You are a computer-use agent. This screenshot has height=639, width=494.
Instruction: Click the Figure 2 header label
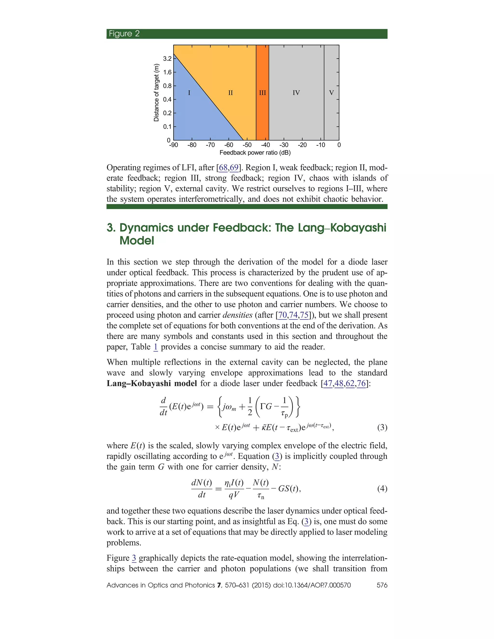click(124, 34)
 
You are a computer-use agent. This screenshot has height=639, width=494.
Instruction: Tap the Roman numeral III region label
click(262, 93)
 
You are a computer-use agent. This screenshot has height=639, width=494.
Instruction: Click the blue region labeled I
click(189, 93)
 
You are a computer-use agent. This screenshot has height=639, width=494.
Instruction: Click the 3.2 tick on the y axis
click(167, 59)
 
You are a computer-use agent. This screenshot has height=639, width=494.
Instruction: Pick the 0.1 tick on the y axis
click(167, 127)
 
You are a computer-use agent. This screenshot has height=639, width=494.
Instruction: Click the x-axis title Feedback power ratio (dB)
click(255, 153)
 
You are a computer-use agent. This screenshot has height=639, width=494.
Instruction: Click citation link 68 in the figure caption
click(223, 168)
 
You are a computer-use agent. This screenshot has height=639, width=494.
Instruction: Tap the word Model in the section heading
click(137, 240)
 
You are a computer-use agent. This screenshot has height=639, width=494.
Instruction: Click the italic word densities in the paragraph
click(237, 315)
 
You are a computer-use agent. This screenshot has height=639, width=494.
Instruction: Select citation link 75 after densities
click(304, 315)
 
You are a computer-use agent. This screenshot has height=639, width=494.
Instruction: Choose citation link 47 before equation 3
click(328, 383)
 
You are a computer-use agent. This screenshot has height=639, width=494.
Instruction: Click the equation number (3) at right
click(382, 428)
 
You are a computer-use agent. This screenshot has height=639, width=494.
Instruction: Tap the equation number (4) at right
click(382, 488)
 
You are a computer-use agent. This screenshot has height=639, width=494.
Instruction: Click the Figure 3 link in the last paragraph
click(134, 558)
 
